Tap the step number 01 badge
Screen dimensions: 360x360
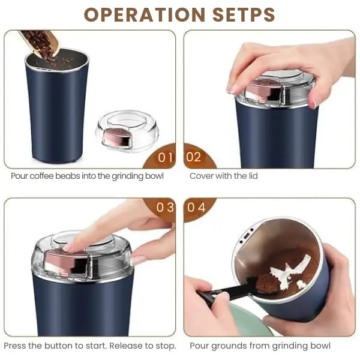point(164,158)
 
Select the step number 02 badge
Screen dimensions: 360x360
point(194,158)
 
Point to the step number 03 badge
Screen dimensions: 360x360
point(164,208)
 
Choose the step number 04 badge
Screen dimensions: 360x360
point(196,208)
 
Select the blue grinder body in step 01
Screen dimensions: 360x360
point(56,114)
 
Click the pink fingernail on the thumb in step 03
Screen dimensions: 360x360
point(139,260)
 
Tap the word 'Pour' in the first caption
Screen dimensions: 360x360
point(20,176)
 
